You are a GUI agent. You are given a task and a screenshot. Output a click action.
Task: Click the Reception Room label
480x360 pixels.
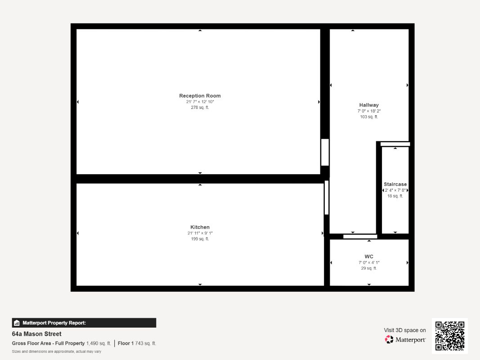(200, 96)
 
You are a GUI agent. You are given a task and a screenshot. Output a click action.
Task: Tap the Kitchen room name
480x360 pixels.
(200, 227)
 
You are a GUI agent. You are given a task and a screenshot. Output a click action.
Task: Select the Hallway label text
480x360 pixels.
(369, 105)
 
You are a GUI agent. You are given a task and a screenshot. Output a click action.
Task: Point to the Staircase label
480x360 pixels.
(395, 184)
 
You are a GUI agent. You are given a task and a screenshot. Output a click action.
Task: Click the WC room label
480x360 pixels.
(369, 256)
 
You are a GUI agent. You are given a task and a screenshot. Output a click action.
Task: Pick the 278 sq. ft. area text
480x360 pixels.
(200, 108)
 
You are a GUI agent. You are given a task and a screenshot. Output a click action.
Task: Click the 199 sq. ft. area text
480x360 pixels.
(200, 239)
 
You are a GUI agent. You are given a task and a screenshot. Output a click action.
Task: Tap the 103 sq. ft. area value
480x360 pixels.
(369, 117)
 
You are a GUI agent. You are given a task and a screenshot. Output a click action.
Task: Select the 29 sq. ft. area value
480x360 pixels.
(369, 268)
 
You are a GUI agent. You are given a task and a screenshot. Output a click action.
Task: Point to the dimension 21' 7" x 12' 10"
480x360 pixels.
(200, 102)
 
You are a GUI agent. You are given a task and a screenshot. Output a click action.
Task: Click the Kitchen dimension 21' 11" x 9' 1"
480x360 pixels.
(200, 233)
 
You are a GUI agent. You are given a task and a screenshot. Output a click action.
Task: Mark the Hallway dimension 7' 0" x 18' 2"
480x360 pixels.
(369, 111)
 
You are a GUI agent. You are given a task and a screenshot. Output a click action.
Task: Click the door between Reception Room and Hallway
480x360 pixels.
(325, 152)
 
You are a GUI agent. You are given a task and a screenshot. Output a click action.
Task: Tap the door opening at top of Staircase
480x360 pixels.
(395, 144)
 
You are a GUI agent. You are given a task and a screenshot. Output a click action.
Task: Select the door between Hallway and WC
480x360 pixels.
(360, 236)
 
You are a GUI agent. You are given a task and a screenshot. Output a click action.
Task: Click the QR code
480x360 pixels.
(450, 336)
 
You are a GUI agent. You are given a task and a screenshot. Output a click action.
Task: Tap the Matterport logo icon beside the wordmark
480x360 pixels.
(389, 339)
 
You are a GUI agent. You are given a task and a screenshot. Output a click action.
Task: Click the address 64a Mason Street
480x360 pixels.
(37, 334)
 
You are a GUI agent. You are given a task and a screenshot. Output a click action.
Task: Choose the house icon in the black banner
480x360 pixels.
(17, 323)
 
